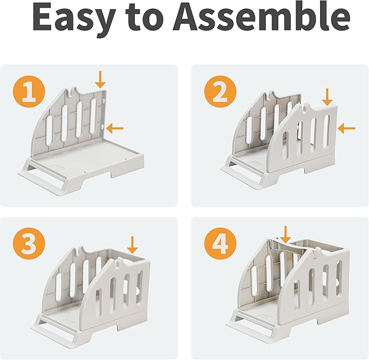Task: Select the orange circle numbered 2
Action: [x=221, y=93]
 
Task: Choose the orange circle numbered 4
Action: [x=220, y=245]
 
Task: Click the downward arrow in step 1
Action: [x=101, y=79]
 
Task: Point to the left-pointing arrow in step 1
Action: [x=115, y=128]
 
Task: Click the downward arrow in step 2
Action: [x=327, y=97]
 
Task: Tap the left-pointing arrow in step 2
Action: [x=346, y=128]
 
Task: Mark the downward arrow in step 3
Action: [x=132, y=245]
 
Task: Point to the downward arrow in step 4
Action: [x=286, y=235]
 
